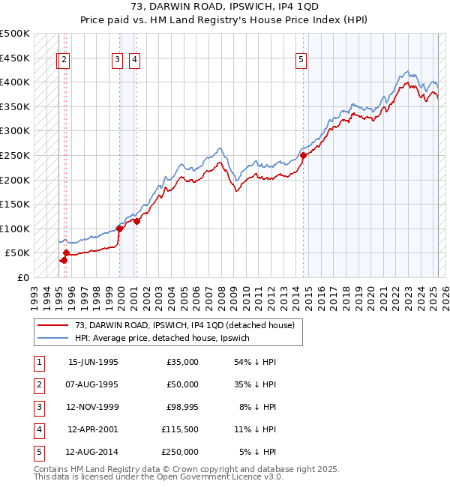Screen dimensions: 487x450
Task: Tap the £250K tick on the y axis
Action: [x=15, y=155]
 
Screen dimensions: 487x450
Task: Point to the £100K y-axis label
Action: [x=15, y=229]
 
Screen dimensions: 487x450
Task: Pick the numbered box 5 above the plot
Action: [x=301, y=61]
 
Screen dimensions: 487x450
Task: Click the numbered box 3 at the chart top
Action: [x=118, y=61]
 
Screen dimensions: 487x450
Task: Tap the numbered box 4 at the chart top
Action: [x=133, y=61]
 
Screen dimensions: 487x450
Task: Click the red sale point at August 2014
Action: [x=303, y=156]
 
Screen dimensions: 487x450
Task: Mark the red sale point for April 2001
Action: [x=136, y=221]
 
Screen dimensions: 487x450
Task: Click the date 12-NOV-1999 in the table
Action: [x=93, y=407]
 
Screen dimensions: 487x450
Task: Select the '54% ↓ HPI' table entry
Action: [x=255, y=362]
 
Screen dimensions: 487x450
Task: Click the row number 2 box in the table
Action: [x=37, y=384]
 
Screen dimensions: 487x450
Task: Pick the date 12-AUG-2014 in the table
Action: [x=93, y=452]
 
